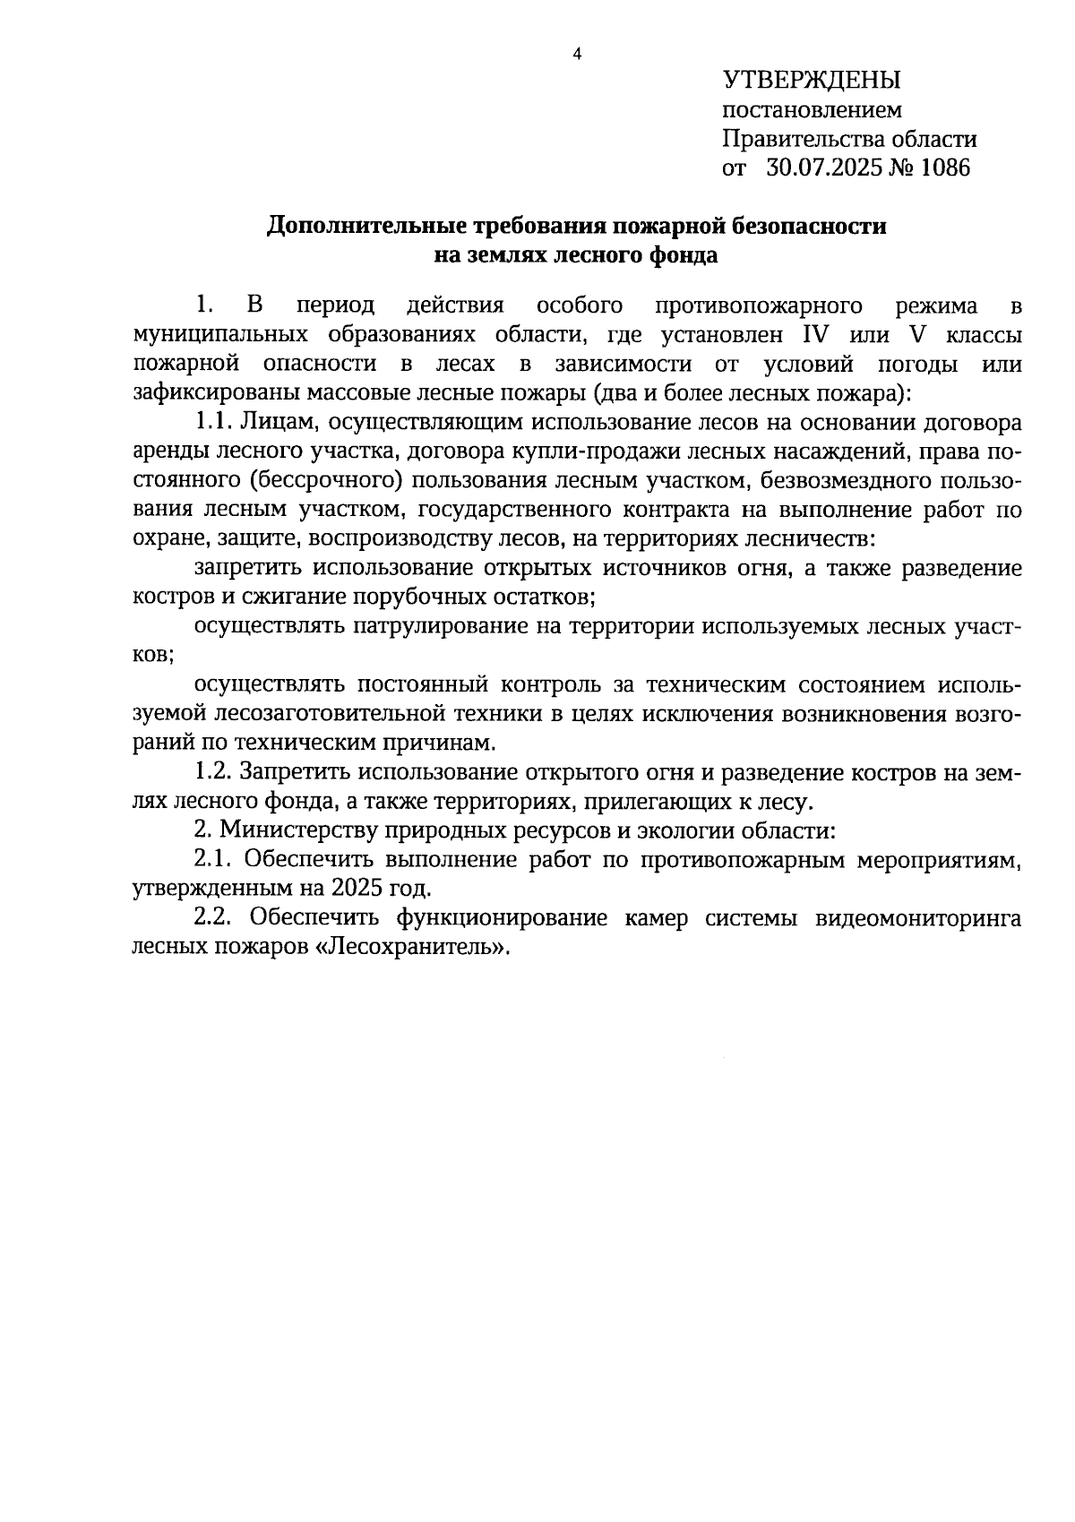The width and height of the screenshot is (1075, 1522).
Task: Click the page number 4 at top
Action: [x=577, y=55]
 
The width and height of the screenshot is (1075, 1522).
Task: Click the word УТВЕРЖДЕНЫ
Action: [x=812, y=81]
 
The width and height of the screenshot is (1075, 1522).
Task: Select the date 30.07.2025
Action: [x=822, y=168]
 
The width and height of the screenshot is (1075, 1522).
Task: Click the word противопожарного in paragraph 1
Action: [x=760, y=305]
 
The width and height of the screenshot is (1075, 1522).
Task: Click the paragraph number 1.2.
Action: [x=213, y=772]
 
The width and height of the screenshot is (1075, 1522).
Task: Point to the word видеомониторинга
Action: [x=916, y=918]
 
